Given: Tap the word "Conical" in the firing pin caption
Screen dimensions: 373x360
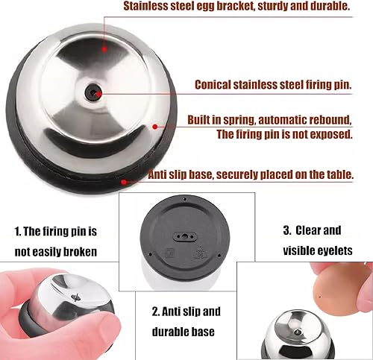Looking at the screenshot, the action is pos(212,85).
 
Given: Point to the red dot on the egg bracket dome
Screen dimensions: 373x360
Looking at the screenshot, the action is pos(104,49).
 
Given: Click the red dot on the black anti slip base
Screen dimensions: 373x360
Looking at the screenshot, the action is pos(124,182).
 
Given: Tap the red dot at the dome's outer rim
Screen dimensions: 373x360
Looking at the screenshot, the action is pos(155,127).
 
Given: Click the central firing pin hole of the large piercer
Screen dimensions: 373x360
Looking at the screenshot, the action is pos(93,92).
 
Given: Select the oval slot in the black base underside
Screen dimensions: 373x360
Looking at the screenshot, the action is pos(185,237).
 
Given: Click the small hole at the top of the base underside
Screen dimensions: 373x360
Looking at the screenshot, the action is pos(185,199).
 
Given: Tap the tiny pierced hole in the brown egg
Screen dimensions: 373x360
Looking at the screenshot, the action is pos(320,297).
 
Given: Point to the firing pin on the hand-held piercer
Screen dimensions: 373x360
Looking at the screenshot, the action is pos(76,297).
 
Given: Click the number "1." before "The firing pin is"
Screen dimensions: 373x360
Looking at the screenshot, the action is pos(18,232).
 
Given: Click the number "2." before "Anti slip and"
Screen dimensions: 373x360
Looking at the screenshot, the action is pos(156,312).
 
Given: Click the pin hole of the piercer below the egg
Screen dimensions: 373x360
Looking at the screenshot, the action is pos(298,332).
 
